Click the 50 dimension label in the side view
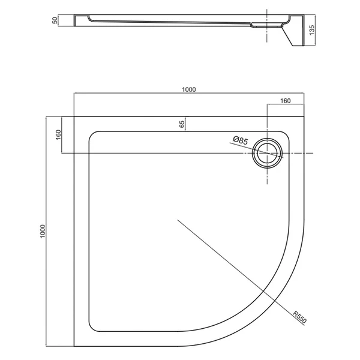[x=55, y=20]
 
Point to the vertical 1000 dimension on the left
[x=41, y=232]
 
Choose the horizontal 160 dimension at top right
[x=285, y=101]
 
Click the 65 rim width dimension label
[x=181, y=124]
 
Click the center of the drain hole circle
[x=266, y=152]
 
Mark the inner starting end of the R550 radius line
[x=178, y=221]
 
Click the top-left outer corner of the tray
[x=74, y=116]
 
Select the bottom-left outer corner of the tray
[x=74, y=347]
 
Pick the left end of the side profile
[x=74, y=20]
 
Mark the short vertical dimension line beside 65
[x=186, y=123]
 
